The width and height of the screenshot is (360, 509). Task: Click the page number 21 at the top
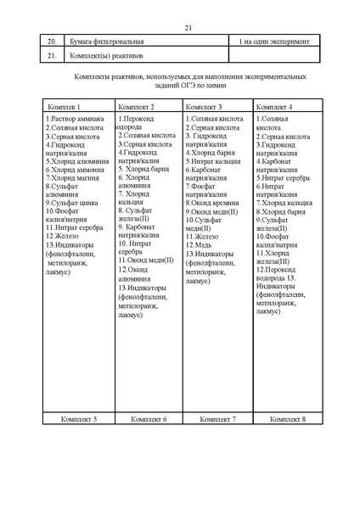(188, 28)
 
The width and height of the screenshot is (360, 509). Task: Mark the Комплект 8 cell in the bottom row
(288, 419)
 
